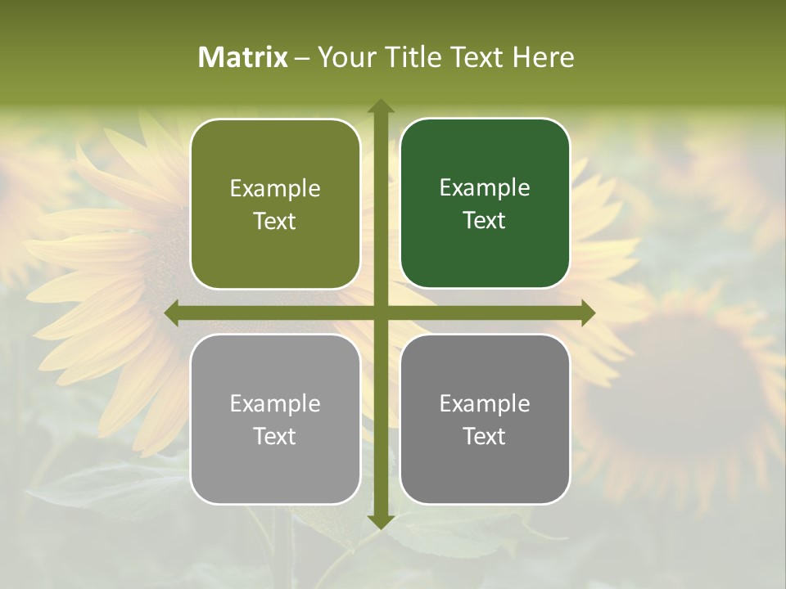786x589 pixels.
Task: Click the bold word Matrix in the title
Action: (243, 57)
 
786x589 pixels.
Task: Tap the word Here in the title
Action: (543, 57)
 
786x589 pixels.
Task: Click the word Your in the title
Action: (345, 57)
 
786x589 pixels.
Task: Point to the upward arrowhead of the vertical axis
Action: (381, 106)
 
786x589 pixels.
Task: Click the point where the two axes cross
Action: (381, 313)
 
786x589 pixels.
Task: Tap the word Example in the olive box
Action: (275, 189)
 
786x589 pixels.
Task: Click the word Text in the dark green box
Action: (485, 220)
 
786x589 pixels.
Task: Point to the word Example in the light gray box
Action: (275, 404)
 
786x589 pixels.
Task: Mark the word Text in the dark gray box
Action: (485, 436)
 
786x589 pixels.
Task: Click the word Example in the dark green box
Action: (485, 188)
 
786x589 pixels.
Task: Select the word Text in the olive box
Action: (275, 221)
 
